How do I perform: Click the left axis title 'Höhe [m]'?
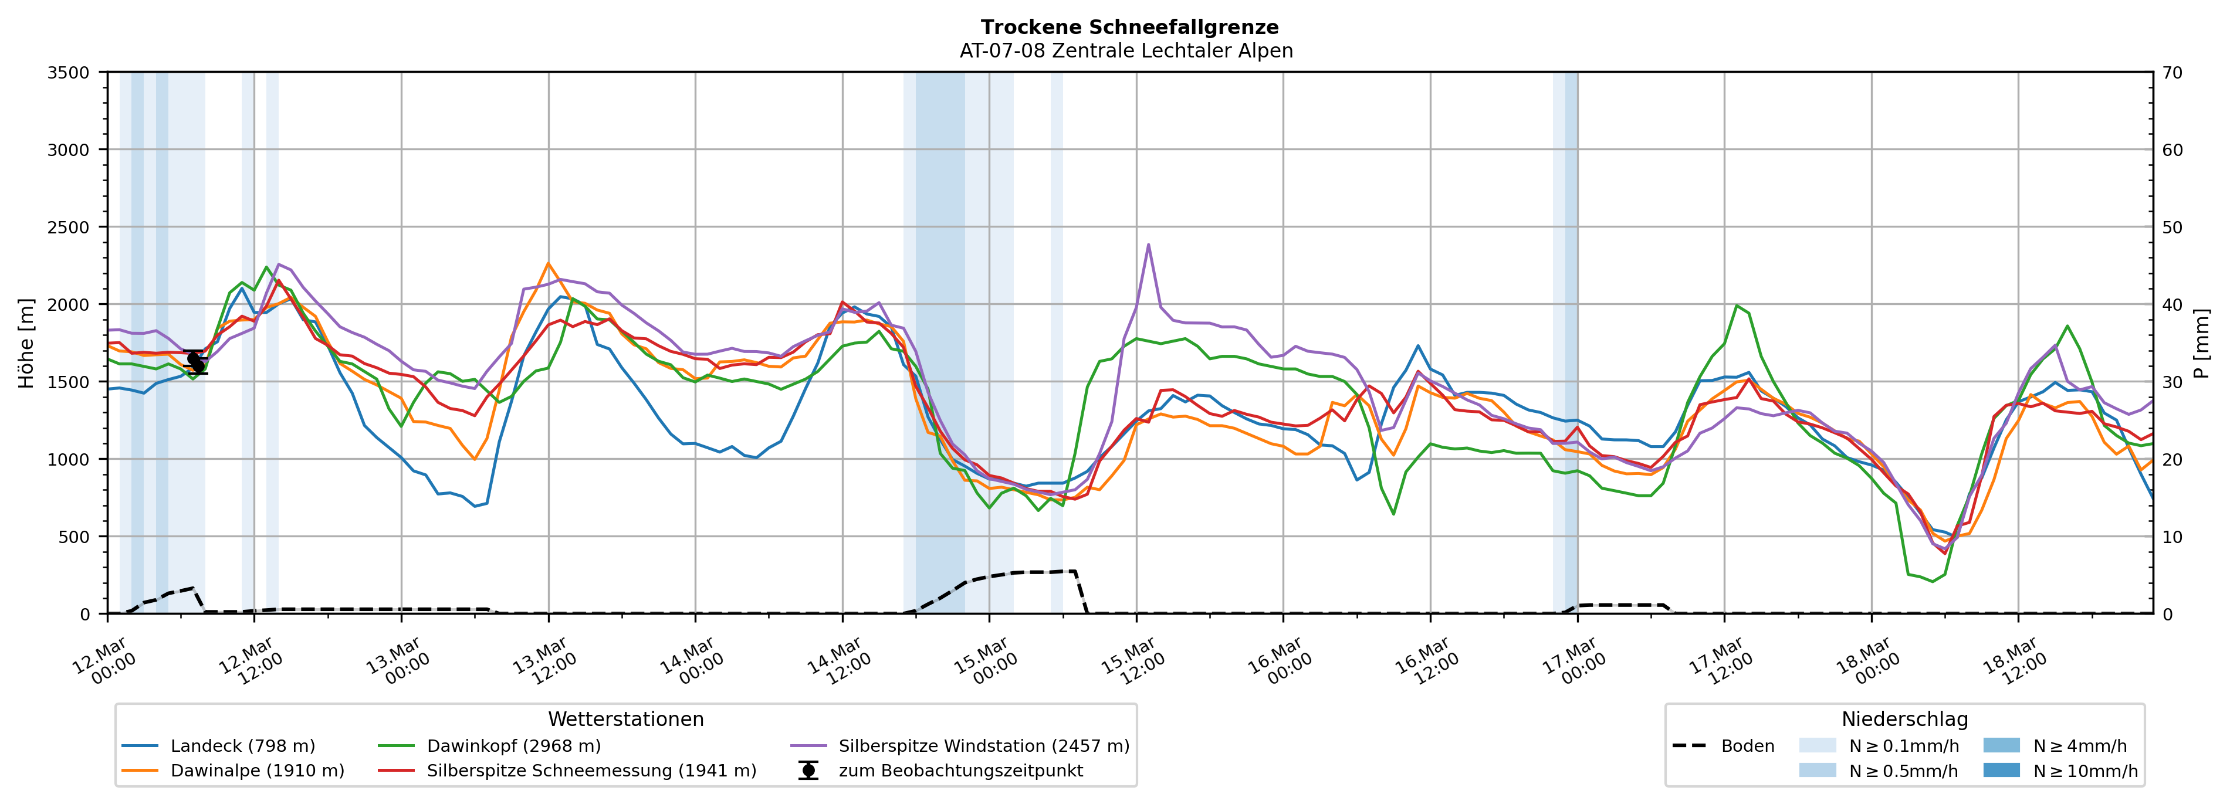(27, 344)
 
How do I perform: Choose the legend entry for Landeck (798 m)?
(242, 746)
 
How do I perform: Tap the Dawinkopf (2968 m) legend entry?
(513, 746)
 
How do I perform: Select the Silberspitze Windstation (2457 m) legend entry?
(983, 746)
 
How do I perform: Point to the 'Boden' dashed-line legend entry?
(1747, 746)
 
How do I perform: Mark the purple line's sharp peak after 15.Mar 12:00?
(1148, 244)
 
